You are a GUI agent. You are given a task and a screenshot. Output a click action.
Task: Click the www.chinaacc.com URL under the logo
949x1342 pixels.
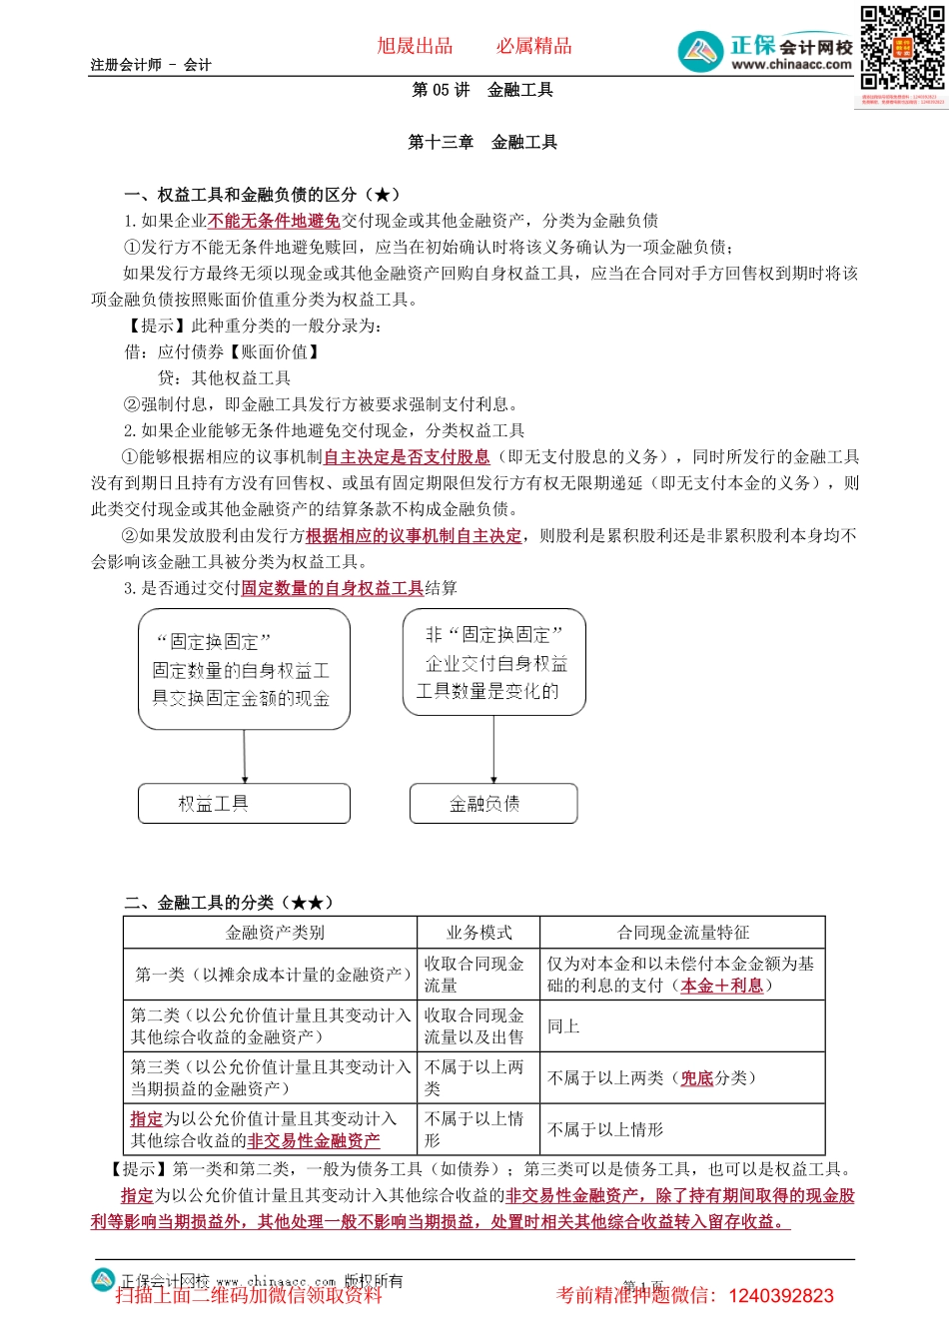pyautogui.click(x=791, y=65)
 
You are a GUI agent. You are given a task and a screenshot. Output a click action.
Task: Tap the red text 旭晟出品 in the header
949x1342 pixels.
pyautogui.click(x=415, y=46)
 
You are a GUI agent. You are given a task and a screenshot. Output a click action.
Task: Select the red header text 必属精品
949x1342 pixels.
pyautogui.click(x=534, y=46)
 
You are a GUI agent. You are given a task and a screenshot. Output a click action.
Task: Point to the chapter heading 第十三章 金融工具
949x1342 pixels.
pyautogui.click(x=482, y=142)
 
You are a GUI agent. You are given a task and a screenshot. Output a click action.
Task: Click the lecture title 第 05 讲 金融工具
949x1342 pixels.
pyautogui.click(x=482, y=90)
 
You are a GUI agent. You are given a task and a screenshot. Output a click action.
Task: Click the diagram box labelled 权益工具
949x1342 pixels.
pyautogui.click(x=244, y=803)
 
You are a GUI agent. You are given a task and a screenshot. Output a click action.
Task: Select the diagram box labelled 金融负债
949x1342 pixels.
pyautogui.click(x=493, y=803)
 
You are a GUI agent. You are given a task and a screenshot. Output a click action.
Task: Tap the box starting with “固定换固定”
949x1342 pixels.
pyautogui.click(x=244, y=669)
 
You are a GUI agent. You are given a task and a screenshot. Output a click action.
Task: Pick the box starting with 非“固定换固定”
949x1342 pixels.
pyautogui.click(x=493, y=662)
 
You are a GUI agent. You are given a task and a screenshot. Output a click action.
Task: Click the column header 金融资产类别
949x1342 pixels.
pyautogui.click(x=275, y=933)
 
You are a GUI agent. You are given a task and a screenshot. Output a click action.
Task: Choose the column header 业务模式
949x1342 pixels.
pyautogui.click(x=478, y=933)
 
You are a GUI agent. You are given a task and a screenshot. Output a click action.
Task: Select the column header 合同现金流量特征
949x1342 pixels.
pyautogui.click(x=682, y=933)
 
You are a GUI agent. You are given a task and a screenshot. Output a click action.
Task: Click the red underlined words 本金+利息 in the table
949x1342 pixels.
pyautogui.click(x=721, y=986)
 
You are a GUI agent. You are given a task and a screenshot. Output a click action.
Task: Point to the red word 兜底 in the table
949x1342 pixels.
pyautogui.click(x=697, y=1078)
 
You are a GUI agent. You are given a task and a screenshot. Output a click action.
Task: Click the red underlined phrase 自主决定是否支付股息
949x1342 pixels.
pyautogui.click(x=407, y=456)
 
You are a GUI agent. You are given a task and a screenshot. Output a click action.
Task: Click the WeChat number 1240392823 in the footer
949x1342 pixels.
pyautogui.click(x=781, y=1296)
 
